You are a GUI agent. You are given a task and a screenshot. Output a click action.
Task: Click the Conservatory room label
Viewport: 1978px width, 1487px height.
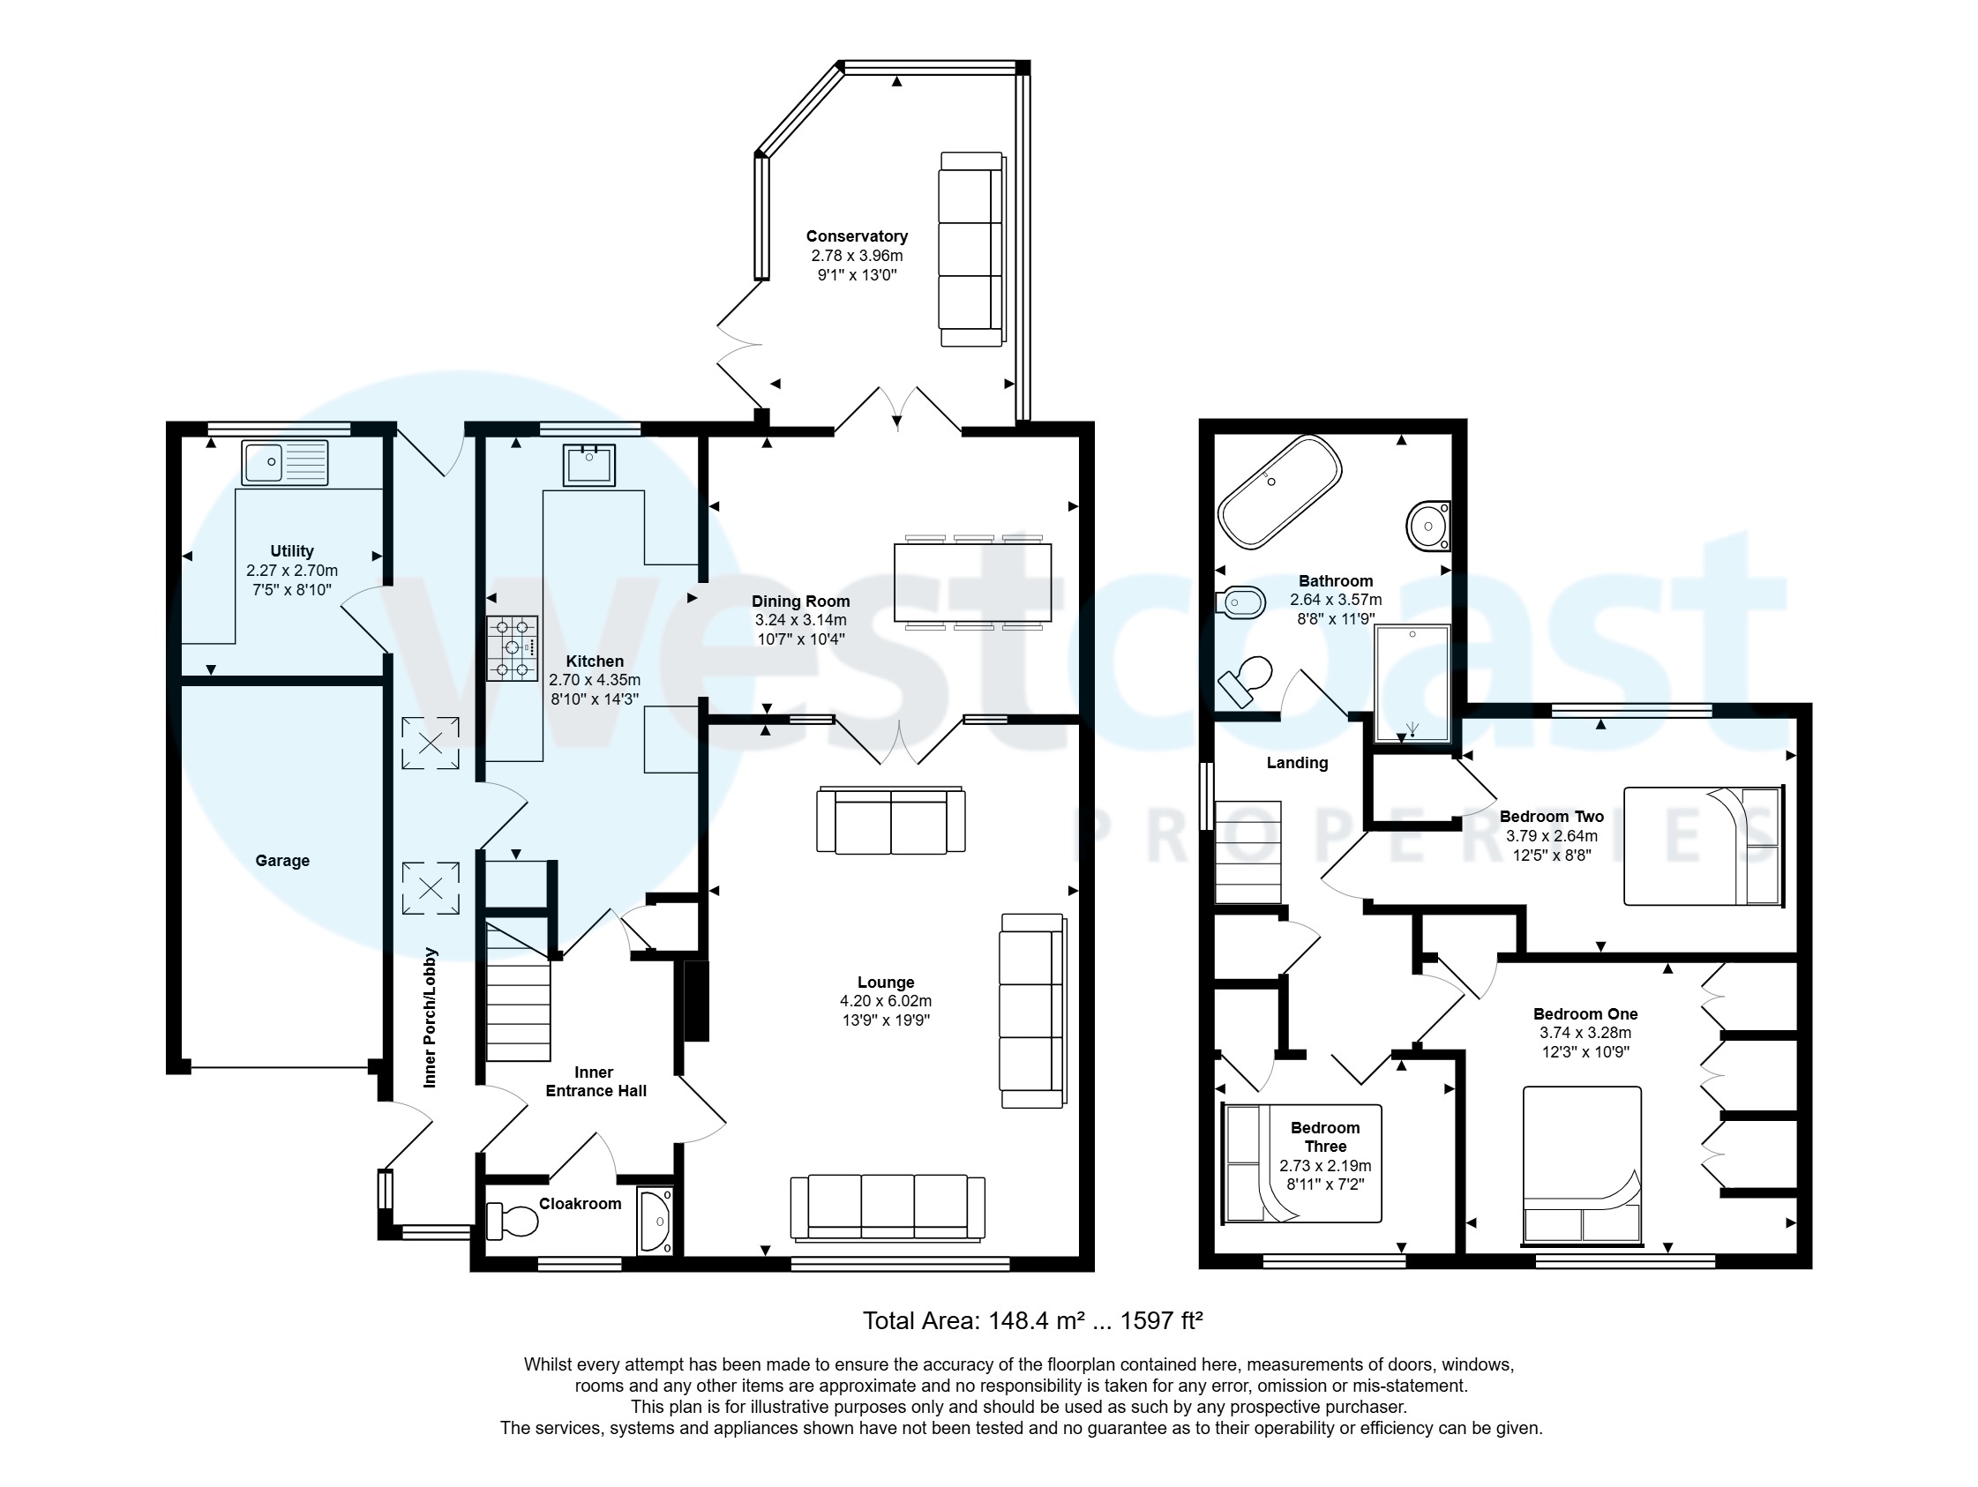coord(857,236)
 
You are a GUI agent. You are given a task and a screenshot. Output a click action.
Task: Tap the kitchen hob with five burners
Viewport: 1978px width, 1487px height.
coord(513,648)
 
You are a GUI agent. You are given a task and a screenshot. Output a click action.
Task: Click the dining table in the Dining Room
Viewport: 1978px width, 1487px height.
coord(972,583)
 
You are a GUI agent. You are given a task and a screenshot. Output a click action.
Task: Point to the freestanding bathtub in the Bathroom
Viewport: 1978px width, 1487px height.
coord(1278,491)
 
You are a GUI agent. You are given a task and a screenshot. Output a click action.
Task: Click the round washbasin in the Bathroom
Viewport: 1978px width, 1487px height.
coord(1428,527)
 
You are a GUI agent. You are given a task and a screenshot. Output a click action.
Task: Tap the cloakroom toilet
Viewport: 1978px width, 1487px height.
coord(512,1221)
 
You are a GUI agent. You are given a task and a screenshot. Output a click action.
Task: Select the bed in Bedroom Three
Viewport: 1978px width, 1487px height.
coord(1301,1163)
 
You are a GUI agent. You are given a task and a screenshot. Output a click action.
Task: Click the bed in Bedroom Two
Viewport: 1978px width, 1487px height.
coord(1703,845)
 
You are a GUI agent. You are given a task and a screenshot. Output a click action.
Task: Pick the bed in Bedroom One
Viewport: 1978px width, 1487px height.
coord(1582,1165)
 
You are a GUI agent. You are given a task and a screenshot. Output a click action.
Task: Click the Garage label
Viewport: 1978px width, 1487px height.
coord(282,860)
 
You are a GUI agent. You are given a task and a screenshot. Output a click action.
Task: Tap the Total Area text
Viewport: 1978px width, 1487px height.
coord(1032,1320)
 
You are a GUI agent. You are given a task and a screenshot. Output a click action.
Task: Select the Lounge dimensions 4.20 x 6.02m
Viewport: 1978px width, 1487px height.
coord(885,1000)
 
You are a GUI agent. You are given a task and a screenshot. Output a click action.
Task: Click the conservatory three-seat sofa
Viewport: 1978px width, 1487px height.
coord(971,250)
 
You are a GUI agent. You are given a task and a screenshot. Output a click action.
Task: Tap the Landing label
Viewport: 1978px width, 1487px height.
coord(1297,763)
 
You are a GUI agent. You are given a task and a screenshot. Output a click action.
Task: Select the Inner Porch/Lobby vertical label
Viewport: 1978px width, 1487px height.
coord(431,1018)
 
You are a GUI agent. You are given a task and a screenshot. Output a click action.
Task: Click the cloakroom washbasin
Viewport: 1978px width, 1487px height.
coord(656,1221)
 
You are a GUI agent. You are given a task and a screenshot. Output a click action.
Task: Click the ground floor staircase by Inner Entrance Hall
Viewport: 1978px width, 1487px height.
coord(518,992)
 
